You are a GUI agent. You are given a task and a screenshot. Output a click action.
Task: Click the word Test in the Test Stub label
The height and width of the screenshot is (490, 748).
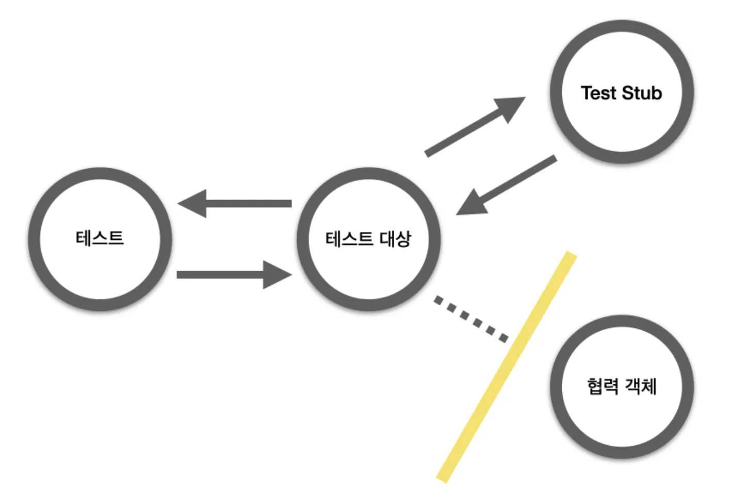pyautogui.click(x=598, y=93)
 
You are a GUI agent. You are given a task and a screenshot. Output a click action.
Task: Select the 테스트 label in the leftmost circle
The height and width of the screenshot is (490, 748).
pyautogui.click(x=100, y=238)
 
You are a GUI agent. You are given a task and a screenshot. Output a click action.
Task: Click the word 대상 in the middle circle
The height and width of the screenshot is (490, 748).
pyautogui.click(x=396, y=239)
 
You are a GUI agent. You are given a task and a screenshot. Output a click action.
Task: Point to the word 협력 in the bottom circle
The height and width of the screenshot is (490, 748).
pyautogui.click(x=603, y=386)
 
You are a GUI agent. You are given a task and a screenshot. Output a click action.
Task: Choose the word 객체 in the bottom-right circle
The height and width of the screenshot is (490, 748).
pyautogui.click(x=641, y=386)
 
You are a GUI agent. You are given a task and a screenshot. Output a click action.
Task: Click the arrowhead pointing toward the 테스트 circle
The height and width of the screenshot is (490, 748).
pyautogui.click(x=193, y=203)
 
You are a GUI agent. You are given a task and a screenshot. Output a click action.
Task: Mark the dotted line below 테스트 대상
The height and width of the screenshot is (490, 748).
pyautogui.click(x=470, y=318)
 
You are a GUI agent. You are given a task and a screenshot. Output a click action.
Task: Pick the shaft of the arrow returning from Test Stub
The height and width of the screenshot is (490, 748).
pyautogui.click(x=521, y=178)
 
